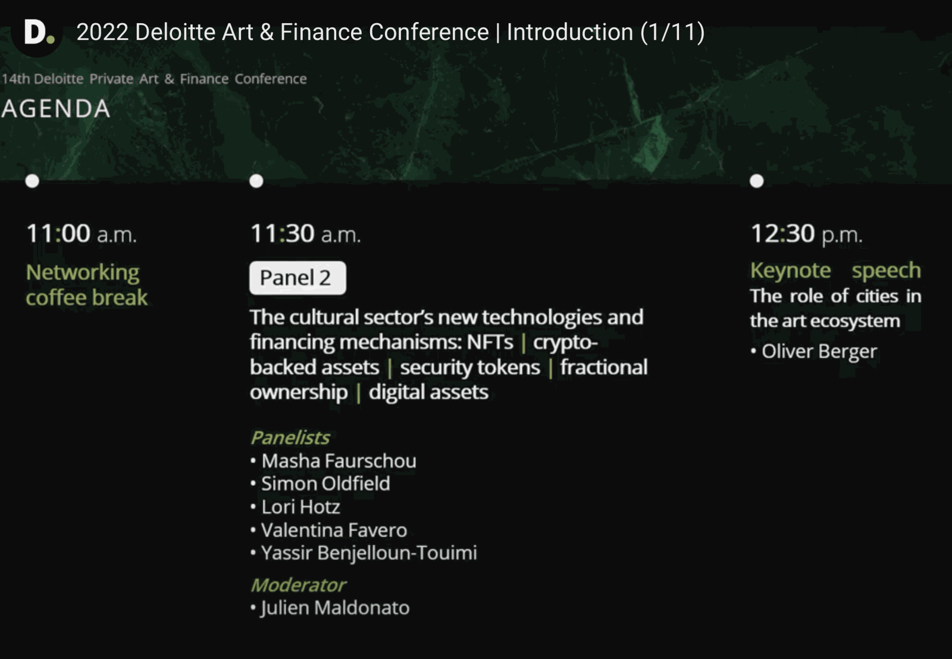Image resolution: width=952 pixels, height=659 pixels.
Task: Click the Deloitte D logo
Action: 37,32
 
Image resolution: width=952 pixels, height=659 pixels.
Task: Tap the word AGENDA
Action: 56,109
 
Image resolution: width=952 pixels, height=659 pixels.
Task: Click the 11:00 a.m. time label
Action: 82,233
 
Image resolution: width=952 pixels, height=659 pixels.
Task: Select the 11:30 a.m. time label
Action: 306,233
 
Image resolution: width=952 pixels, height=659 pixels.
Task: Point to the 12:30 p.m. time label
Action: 806,234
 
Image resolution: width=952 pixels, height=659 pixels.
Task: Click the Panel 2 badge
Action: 297,277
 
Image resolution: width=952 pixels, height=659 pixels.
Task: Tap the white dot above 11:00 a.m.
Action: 32,181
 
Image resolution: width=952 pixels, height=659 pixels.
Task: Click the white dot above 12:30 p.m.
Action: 756,181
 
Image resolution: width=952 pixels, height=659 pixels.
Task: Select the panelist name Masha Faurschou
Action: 339,461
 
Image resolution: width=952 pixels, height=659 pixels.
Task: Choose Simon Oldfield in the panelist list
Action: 325,484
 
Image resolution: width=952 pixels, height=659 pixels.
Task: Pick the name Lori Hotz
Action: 300,507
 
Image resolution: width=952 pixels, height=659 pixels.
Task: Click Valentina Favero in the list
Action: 334,530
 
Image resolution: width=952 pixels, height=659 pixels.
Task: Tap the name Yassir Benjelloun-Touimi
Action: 369,553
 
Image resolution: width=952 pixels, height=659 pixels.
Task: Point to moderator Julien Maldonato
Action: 335,608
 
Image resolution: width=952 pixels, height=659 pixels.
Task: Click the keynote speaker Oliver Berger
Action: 819,352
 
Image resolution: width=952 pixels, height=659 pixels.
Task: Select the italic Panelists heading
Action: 290,438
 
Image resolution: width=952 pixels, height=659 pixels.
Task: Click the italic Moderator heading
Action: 298,585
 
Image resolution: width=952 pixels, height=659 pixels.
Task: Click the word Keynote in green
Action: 791,270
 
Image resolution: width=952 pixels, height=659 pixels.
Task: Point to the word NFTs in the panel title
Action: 490,342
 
